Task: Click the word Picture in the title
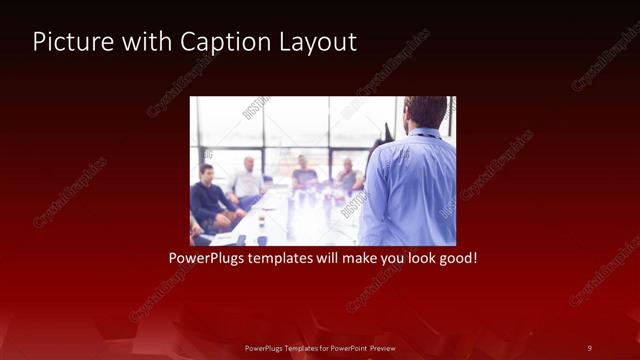67,42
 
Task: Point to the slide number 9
589,348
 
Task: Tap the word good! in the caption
455,257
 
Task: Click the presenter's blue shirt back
410,185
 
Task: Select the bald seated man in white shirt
247,181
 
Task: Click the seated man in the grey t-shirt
305,175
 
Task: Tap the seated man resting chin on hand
347,176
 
